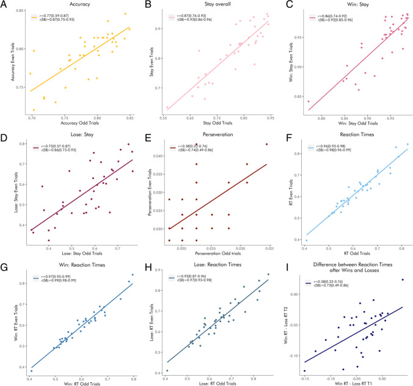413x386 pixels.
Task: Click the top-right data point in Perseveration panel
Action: pos(267,144)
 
